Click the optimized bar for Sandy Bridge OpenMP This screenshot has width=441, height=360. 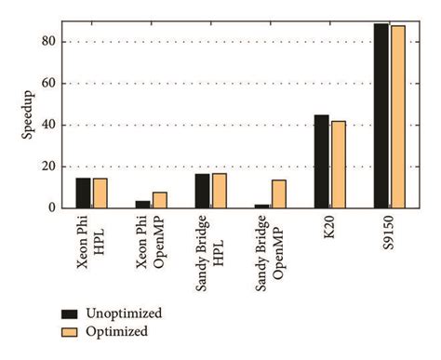(279, 193)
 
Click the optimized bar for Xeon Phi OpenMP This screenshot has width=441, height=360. (160, 200)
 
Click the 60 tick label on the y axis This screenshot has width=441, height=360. (52, 84)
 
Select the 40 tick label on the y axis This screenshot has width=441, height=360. (52, 125)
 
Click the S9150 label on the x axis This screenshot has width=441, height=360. (389, 233)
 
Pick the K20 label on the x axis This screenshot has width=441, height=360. (329, 228)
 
